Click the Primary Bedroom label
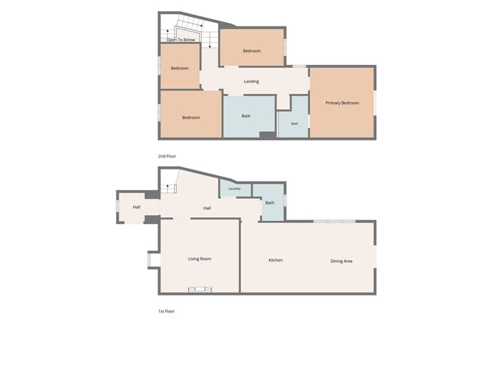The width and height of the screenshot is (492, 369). [x=342, y=103]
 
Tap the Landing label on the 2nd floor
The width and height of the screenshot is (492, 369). [x=251, y=82]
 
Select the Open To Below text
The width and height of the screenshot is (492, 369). [x=180, y=40]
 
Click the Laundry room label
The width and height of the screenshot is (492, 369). [x=234, y=189]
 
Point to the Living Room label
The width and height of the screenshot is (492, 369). [x=200, y=259]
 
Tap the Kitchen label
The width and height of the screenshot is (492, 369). [x=275, y=260]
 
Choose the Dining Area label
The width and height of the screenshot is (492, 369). [x=341, y=261]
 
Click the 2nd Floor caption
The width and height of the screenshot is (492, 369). [x=167, y=156]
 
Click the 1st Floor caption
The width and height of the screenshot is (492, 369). [x=166, y=312]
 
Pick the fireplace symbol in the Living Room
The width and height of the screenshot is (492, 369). [x=200, y=289]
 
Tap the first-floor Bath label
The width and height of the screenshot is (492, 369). [x=270, y=203]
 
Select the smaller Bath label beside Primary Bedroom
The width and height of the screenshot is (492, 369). [x=295, y=124]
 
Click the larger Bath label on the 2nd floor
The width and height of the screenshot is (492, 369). [x=246, y=116]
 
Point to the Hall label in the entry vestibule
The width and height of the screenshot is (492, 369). [x=136, y=207]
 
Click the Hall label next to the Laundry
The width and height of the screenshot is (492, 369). [x=207, y=208]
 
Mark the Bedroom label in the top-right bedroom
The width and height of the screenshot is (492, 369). [x=252, y=51]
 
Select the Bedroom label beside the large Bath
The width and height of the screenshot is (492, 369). [x=191, y=118]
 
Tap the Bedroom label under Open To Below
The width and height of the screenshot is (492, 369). [x=180, y=68]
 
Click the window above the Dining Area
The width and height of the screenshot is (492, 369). [x=334, y=221]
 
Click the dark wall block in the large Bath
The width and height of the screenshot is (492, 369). [x=267, y=136]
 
